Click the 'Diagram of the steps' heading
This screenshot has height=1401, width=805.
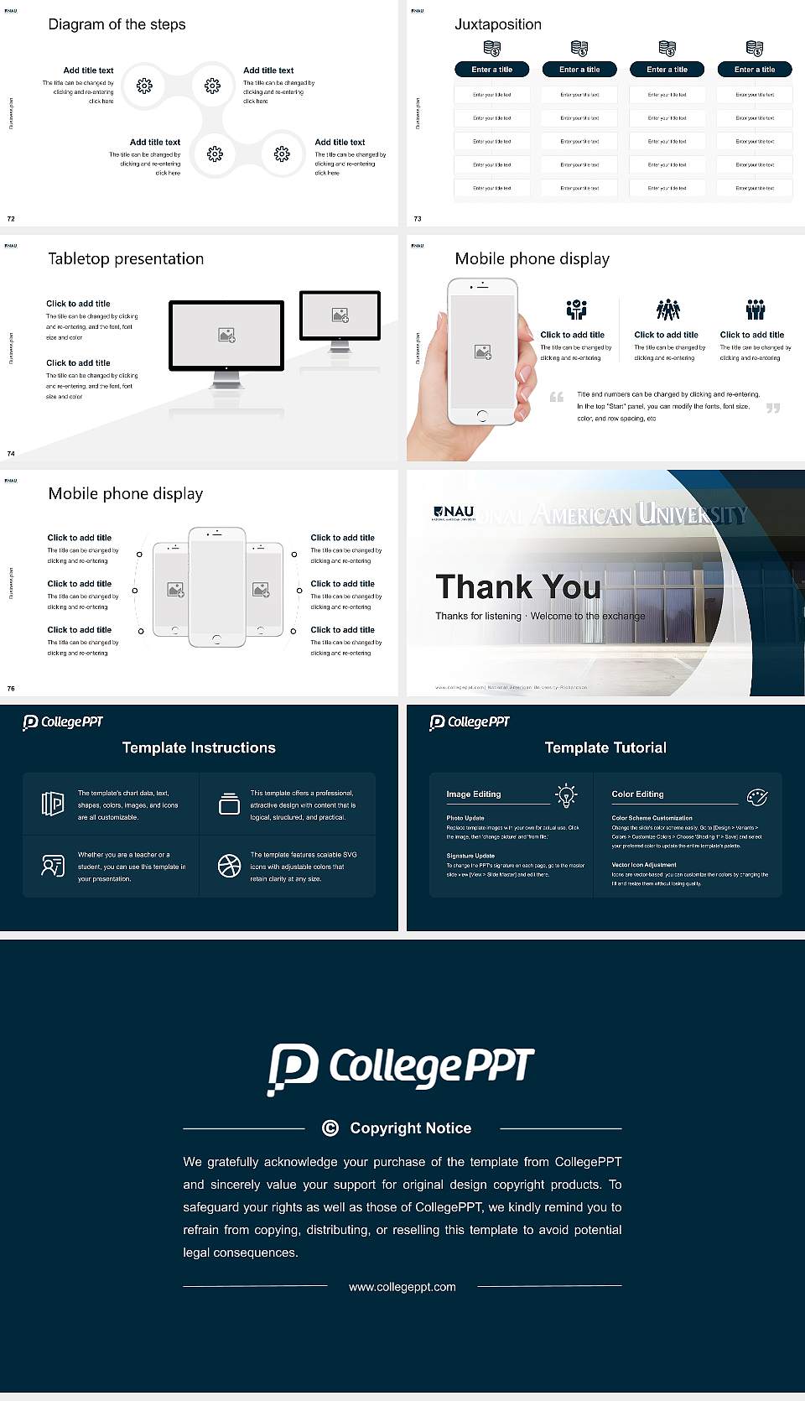117,24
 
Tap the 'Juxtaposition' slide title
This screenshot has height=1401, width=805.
497,24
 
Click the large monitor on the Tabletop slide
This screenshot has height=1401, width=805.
226,336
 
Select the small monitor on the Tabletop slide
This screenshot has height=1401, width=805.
340,315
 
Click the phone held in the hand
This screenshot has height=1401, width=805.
482,352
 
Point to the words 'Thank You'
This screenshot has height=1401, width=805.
517,587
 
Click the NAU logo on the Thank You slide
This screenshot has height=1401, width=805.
454,512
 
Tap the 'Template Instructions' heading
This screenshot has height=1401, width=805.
199,747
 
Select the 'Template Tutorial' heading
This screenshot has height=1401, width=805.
605,747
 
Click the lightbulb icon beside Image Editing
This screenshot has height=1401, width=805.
566,795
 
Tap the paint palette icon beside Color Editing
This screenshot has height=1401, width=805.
757,797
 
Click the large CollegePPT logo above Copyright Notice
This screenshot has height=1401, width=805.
401,1068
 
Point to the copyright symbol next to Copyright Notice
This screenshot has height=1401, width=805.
330,1128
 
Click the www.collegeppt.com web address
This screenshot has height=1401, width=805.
402,1287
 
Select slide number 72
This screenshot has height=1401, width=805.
11,219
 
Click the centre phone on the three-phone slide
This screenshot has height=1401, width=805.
217,587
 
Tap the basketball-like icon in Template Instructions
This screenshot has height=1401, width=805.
229,866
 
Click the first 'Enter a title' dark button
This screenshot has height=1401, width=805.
491,70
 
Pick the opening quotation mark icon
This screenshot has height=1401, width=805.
556,397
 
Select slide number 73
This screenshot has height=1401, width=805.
418,219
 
